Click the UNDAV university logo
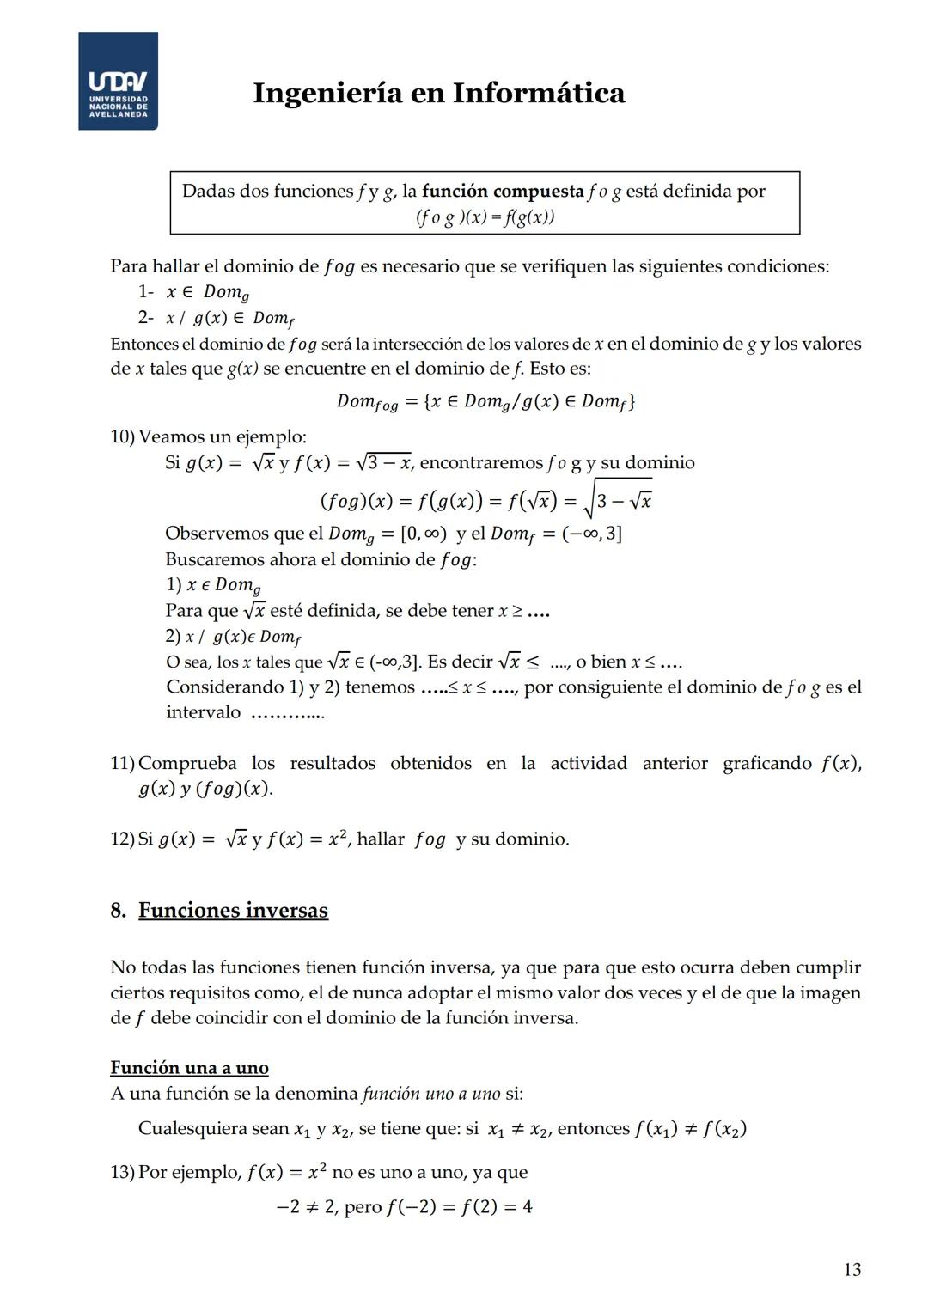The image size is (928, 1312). coord(118,82)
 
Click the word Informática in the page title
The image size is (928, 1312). coord(539,93)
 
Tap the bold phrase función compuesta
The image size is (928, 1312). coord(503,191)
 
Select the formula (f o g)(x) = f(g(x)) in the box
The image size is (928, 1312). coord(485,217)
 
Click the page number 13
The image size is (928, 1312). coord(852,1269)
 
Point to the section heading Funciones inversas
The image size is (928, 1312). coord(233,910)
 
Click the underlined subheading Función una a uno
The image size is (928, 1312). coord(189,1067)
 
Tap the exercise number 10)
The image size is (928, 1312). coord(123,436)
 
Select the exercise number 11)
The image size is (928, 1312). coord(123,763)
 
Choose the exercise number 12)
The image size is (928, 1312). coord(123,839)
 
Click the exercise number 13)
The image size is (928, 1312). coord(123,1172)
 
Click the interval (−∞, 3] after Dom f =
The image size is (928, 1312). coord(591,534)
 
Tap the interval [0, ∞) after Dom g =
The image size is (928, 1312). coord(424,534)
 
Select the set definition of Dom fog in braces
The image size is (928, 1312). coord(530,401)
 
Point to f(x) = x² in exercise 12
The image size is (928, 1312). coord(306,839)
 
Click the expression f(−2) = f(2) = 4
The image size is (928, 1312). coord(459,1207)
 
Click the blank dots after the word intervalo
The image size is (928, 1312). coord(287,713)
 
